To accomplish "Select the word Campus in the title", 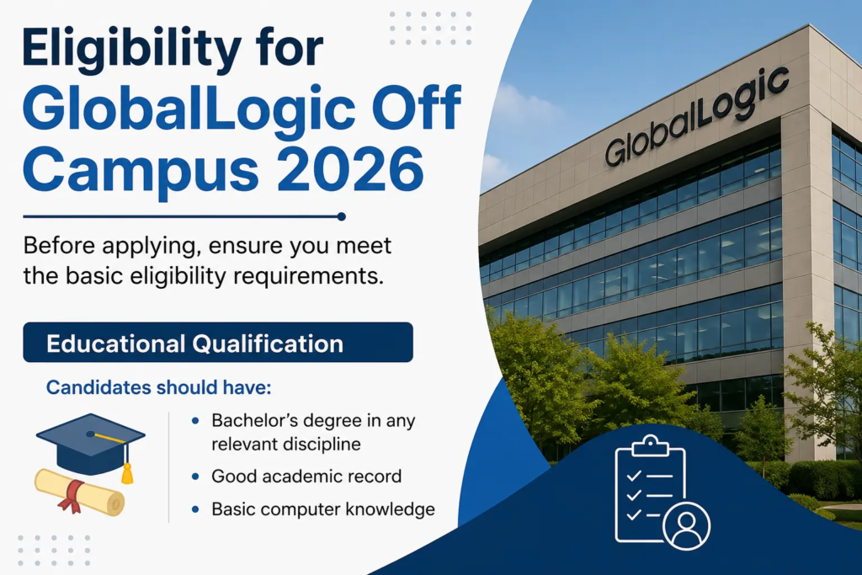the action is point(141,170).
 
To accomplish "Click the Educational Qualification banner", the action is point(218,342).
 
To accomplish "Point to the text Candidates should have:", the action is point(159,387).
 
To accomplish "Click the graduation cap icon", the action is point(91,445).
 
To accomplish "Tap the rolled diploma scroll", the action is point(80,492).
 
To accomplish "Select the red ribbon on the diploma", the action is point(72,495).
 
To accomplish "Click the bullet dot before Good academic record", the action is point(195,477).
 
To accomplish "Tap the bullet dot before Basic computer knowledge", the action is point(195,509).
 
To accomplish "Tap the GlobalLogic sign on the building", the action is point(697,116).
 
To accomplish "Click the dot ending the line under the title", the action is point(342,216).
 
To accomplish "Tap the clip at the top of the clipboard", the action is point(651,446).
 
